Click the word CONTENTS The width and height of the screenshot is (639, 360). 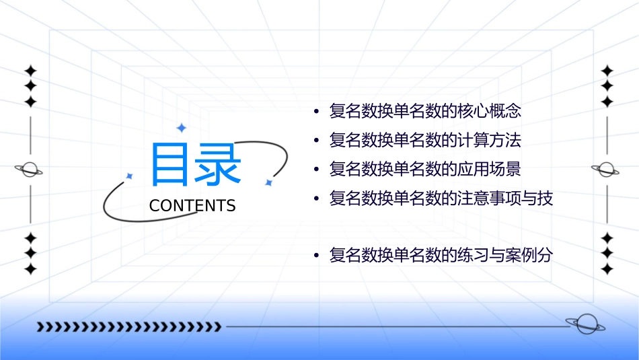pos(192,206)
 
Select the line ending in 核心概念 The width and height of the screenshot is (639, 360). pos(425,111)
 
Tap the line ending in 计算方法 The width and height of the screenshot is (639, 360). pos(425,141)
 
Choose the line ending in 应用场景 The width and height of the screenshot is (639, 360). pos(425,169)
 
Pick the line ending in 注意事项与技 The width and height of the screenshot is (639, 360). pos(441,199)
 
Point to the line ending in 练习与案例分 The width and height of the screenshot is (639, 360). pos(441,256)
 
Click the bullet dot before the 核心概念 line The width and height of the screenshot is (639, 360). pos(317,112)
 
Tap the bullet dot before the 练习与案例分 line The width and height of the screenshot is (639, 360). pos(317,256)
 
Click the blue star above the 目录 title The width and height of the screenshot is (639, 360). pos(180,127)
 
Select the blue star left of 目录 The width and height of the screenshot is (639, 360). pos(130,176)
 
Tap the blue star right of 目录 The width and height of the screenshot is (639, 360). pos(268,182)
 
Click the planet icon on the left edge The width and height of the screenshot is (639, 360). pos(30,170)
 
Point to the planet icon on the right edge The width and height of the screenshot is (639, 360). pos(607,170)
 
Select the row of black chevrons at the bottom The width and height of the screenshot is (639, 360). pos(128,327)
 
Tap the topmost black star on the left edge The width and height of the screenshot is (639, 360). pos(30,71)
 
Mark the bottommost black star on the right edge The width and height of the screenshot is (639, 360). pos(607,269)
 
